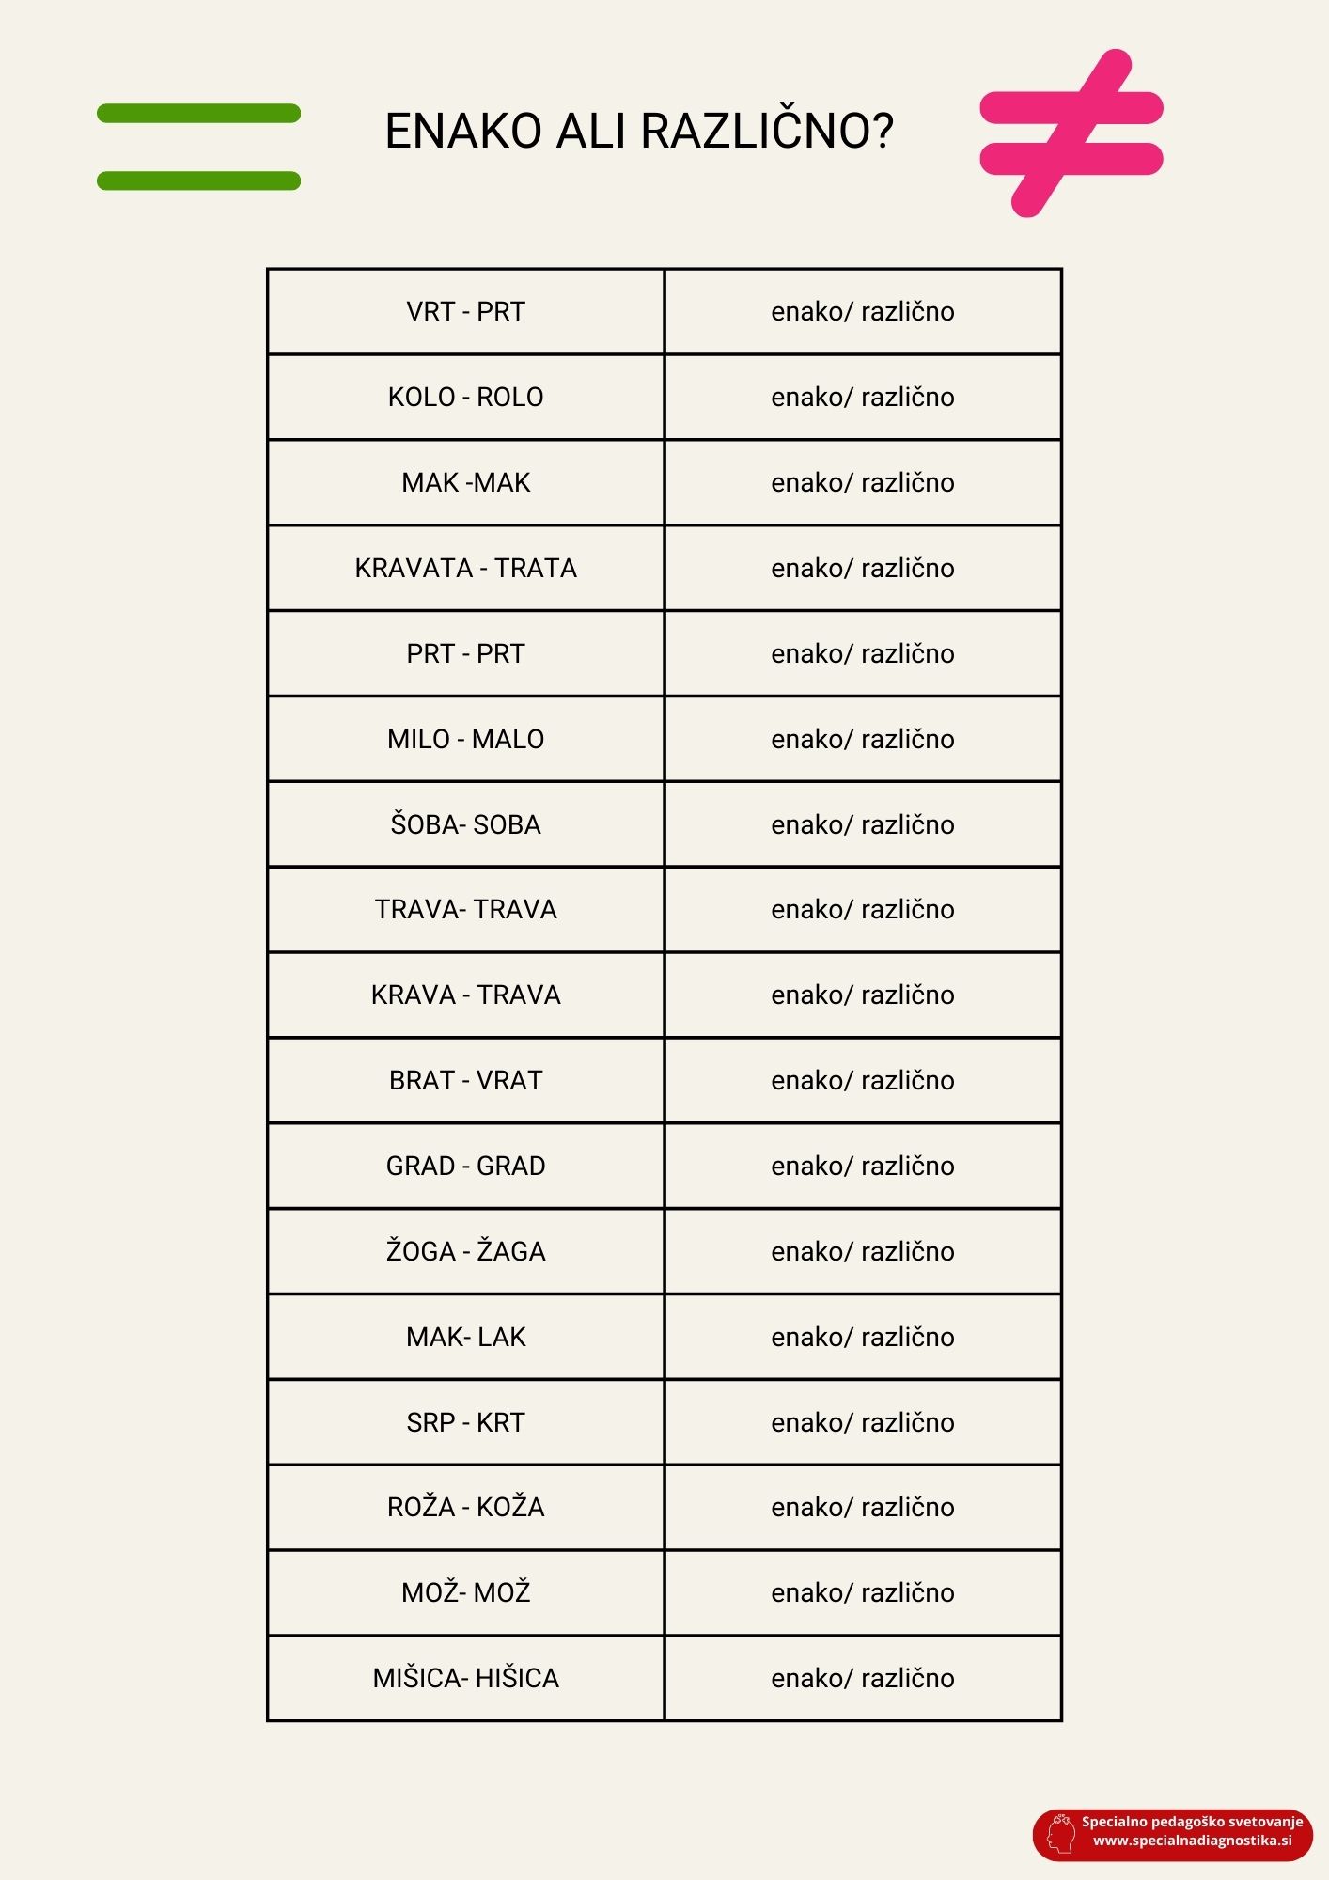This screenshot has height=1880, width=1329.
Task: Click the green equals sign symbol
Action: (x=198, y=147)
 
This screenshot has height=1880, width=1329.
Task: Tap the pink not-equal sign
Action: (x=1071, y=133)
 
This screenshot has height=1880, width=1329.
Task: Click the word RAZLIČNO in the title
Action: (x=767, y=131)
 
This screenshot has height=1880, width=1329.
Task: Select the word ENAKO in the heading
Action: (x=464, y=131)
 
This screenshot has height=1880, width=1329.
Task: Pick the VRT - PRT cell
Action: (x=465, y=312)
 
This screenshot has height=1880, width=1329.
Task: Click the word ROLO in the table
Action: (x=510, y=398)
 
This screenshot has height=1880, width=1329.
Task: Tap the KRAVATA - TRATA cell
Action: (x=465, y=569)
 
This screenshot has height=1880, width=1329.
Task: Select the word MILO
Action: (x=418, y=740)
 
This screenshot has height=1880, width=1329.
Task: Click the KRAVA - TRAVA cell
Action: (x=465, y=995)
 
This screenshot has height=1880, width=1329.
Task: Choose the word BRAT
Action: (x=422, y=1081)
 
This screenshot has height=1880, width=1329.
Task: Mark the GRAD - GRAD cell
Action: (x=465, y=1167)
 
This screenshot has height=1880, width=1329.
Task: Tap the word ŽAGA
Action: (x=511, y=1252)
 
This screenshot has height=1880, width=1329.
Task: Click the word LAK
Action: (x=502, y=1338)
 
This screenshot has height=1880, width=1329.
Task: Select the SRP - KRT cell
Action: (x=465, y=1423)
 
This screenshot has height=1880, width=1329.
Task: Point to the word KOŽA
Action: (x=510, y=1508)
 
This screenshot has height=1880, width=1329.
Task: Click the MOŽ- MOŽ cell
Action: (x=465, y=1593)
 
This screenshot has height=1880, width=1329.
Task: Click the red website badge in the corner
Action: (x=1172, y=1834)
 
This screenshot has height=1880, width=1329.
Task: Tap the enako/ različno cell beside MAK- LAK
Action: (x=863, y=1338)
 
